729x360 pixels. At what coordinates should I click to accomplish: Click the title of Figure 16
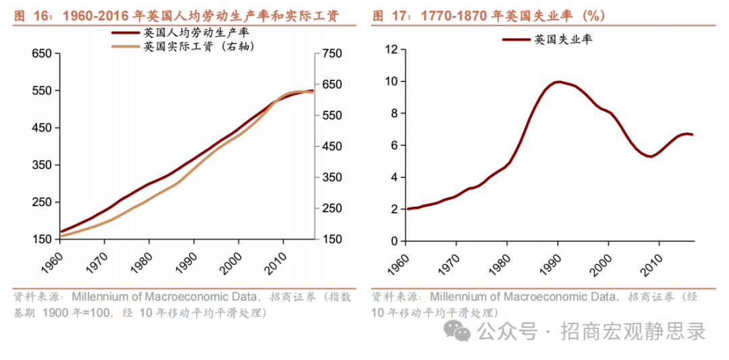click(x=176, y=16)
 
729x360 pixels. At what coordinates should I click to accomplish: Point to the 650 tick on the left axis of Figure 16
click(x=42, y=53)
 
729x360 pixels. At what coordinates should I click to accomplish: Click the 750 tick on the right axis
click(x=332, y=53)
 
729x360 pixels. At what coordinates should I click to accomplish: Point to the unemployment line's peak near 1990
click(x=558, y=82)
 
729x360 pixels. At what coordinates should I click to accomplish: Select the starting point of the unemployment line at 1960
click(x=408, y=209)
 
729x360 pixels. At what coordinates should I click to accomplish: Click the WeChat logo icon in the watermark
click(x=462, y=331)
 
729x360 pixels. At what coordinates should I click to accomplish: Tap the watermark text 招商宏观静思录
click(x=631, y=332)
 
